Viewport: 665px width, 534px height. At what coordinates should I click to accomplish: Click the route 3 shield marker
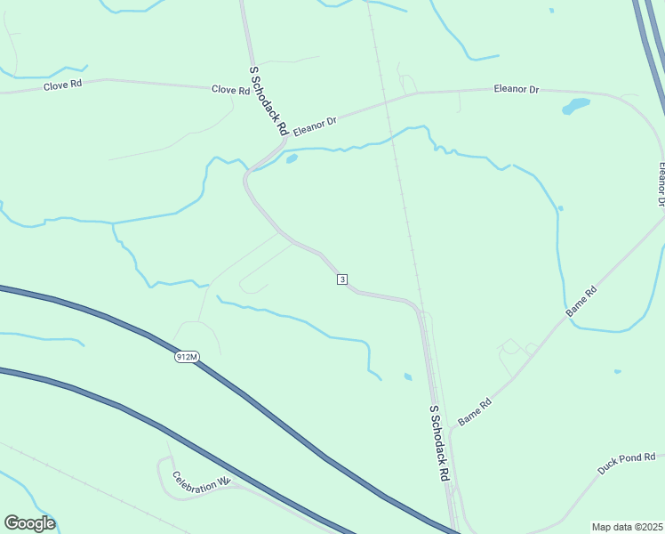(342, 279)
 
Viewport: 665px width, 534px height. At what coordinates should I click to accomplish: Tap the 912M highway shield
(186, 357)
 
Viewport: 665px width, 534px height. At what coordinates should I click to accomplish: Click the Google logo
(29, 523)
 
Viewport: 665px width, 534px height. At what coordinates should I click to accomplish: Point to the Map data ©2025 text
(627, 527)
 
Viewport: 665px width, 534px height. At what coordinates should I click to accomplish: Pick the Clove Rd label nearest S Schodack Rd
(230, 90)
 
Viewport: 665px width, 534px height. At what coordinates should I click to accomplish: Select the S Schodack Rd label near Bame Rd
(438, 443)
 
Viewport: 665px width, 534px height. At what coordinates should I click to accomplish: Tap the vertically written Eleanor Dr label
(661, 184)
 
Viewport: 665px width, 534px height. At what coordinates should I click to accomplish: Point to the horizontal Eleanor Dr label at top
(517, 90)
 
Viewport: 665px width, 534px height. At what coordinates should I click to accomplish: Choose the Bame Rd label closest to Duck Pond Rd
(475, 412)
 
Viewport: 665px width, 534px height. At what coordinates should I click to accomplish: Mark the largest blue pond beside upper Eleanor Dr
(575, 107)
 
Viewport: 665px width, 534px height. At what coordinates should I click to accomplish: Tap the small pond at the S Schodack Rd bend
(291, 160)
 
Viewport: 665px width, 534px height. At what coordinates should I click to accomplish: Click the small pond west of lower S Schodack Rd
(407, 376)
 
